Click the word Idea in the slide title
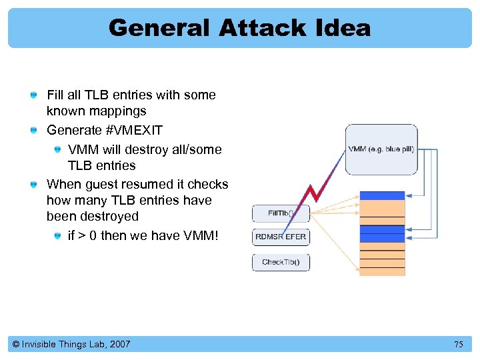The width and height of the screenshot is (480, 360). [x=345, y=28]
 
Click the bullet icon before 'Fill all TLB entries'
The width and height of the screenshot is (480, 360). [x=33, y=95]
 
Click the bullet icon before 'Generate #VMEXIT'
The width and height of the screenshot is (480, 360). [x=33, y=131]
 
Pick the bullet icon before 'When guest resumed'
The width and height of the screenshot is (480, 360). [x=33, y=185]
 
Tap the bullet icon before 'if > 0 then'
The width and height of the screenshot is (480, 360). [x=59, y=236]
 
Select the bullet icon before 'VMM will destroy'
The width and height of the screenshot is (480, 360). [x=59, y=150]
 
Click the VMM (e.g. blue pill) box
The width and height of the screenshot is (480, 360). [x=381, y=149]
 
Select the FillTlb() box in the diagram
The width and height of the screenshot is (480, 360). [x=281, y=213]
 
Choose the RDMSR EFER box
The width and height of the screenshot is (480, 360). [x=281, y=237]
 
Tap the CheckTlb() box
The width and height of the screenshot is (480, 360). [x=281, y=262]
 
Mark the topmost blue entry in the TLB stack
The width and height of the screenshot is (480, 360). [x=382, y=195]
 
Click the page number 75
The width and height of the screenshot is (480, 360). [x=458, y=344]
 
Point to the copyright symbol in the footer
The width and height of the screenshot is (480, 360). [x=15, y=344]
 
